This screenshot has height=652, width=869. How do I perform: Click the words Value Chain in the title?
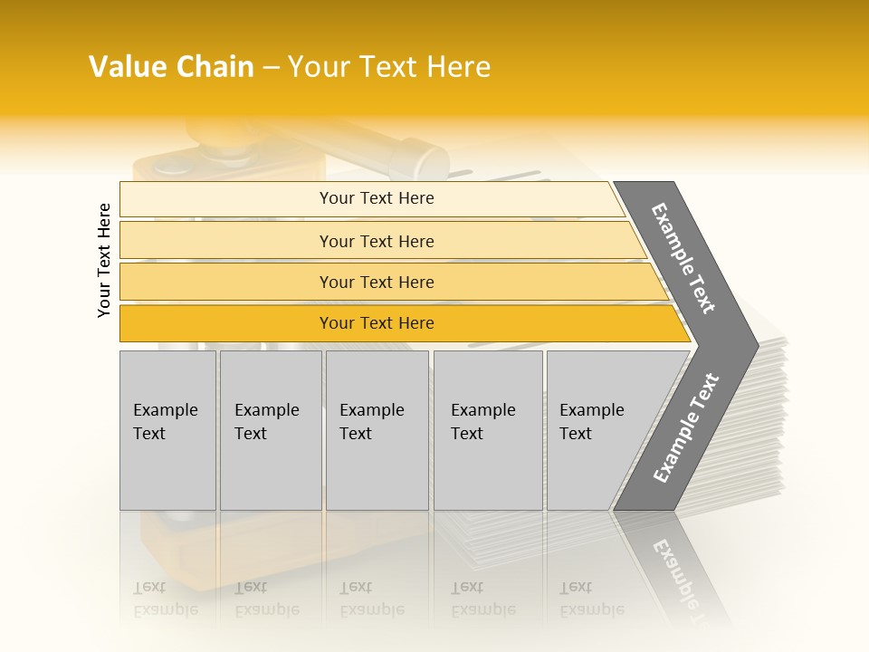coord(171,67)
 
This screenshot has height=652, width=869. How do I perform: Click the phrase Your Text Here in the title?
coord(389,67)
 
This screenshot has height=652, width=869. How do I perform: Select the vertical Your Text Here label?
coord(105,260)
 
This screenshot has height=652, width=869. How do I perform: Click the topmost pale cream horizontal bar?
coord(376,198)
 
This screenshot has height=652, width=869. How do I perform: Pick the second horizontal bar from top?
coord(376,241)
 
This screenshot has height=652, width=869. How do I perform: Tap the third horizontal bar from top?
coord(376,282)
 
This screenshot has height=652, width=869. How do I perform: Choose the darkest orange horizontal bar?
coord(376,323)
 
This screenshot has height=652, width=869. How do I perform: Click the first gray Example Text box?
coord(167,430)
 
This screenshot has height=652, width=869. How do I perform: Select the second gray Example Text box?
coord(270,430)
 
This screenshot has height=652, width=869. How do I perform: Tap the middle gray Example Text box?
coord(377,430)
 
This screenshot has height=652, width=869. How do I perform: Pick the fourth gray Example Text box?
coord(487,430)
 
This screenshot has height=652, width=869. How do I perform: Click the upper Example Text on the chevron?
coord(683,258)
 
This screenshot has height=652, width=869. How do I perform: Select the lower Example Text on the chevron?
coord(686,428)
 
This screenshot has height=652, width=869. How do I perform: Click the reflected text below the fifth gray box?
coord(591,599)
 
